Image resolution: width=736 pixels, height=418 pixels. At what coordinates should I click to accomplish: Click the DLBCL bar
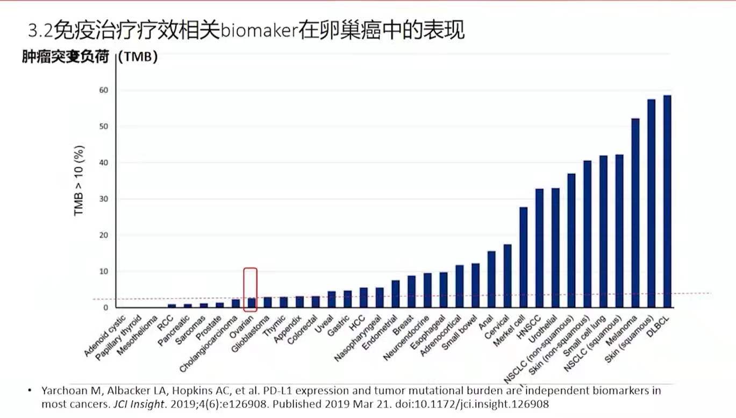(x=667, y=202)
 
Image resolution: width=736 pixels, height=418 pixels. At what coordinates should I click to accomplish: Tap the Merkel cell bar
(x=523, y=257)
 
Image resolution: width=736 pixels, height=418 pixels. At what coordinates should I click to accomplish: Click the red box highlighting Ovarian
(x=250, y=289)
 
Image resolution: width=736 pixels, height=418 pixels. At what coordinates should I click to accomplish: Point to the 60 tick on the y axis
(x=104, y=90)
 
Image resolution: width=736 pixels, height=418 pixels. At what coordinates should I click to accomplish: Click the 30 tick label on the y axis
(x=104, y=199)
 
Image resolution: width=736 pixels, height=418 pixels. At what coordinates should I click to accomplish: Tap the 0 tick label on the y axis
(x=106, y=308)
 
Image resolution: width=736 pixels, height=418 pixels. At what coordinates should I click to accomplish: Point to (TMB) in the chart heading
(x=138, y=58)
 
